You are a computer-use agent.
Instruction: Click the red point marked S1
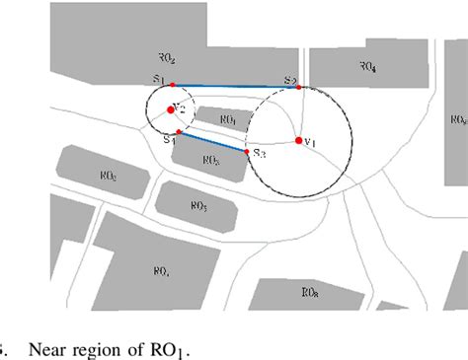(x=172, y=85)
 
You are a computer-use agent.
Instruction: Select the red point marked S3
(x=247, y=151)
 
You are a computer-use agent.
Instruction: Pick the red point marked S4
(x=177, y=132)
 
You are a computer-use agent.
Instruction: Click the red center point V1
(x=298, y=141)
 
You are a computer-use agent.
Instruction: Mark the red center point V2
(x=171, y=109)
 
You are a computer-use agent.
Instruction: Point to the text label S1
(x=159, y=78)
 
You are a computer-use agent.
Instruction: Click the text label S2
(x=289, y=79)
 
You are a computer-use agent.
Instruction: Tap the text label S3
(x=259, y=153)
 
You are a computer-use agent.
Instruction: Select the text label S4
(x=168, y=140)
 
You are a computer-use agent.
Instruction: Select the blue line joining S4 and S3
(x=211, y=141)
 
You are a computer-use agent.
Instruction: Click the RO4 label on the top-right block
(x=366, y=68)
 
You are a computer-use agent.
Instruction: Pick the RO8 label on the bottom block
(x=310, y=293)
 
